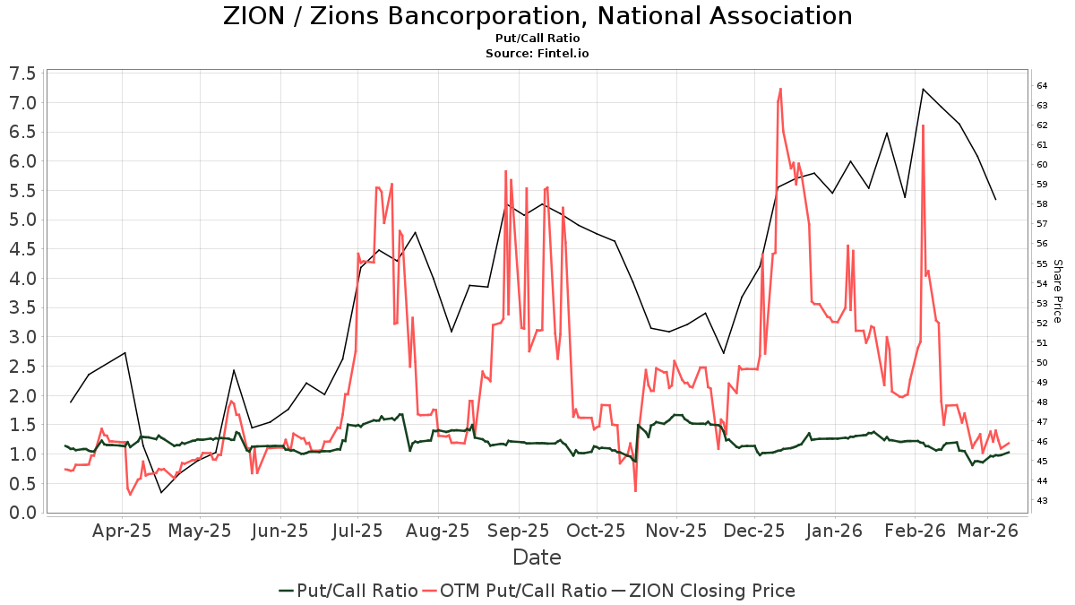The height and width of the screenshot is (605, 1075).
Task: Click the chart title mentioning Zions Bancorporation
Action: click(537, 16)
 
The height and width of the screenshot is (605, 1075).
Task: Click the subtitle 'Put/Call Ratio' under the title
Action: click(537, 39)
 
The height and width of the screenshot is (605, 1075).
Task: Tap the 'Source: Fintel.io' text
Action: click(537, 54)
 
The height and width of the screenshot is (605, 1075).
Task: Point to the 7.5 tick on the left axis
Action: click(23, 73)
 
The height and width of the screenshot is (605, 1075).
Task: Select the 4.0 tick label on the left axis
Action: click(23, 279)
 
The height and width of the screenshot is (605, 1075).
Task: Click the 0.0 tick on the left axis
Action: click(23, 513)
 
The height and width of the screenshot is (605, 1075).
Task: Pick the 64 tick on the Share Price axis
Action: click(1042, 86)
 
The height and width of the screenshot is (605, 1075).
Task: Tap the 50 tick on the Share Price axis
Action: click(1042, 363)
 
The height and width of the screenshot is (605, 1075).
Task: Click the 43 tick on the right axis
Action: click(1042, 501)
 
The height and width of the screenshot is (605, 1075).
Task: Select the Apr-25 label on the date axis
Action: click(122, 531)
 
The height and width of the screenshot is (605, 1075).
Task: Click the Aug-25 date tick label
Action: click(438, 531)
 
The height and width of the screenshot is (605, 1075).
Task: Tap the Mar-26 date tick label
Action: click(987, 531)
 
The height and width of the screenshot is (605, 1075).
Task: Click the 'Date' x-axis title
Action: click(537, 557)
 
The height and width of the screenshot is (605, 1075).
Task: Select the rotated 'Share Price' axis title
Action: click(1057, 291)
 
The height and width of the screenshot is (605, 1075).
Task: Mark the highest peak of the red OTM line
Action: click(780, 89)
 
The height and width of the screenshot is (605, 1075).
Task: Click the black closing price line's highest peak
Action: click(923, 89)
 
